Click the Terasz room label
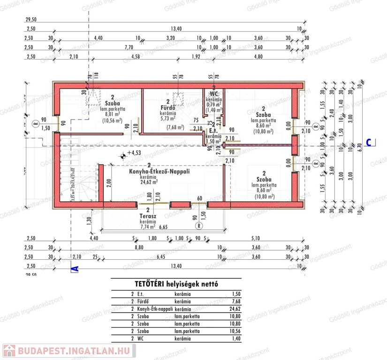point(148,217)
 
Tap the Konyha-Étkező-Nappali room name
point(159,172)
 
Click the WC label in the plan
point(214,93)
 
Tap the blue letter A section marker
point(74,269)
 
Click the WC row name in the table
point(141,338)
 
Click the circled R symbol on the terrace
point(199,225)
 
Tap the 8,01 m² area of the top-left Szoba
point(113,113)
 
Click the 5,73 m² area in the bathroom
point(167,119)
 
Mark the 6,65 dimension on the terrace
point(164,227)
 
